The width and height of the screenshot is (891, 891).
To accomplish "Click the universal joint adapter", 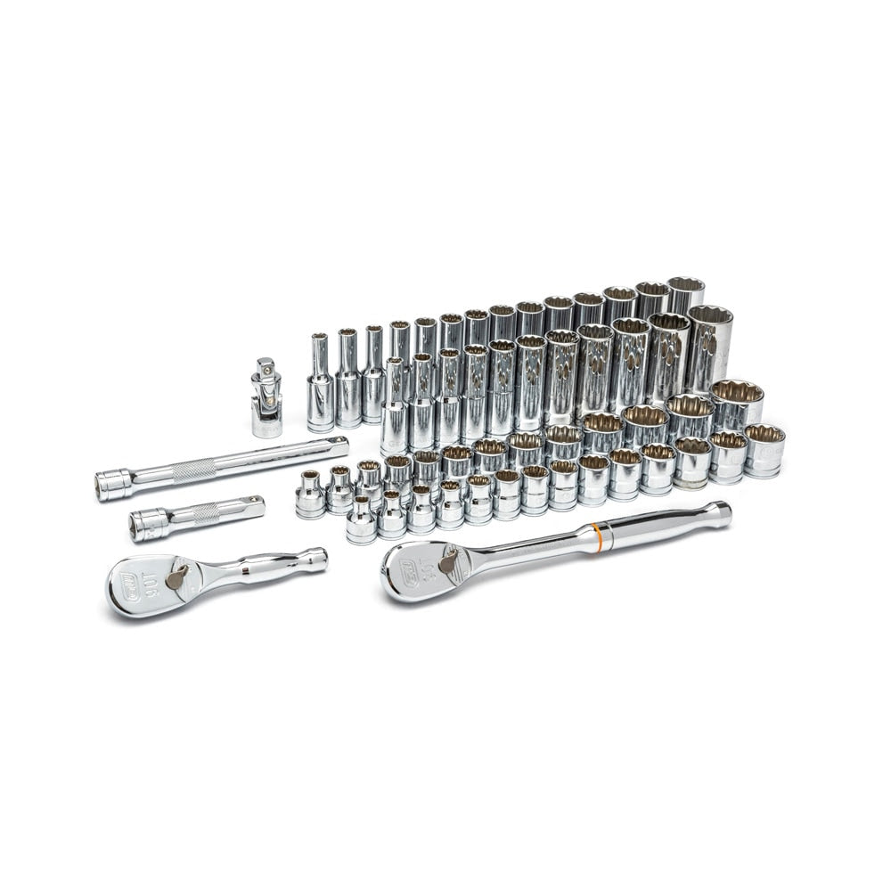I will [266, 401].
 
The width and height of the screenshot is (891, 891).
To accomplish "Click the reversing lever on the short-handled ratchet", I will [177, 576].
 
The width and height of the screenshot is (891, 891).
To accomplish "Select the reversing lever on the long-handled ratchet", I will [448, 560].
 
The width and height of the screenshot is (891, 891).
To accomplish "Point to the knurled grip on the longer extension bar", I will [194, 470].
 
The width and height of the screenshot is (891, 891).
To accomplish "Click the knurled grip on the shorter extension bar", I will [206, 513].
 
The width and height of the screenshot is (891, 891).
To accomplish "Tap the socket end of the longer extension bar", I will [113, 486].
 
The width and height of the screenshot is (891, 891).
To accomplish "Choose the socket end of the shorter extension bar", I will [148, 526].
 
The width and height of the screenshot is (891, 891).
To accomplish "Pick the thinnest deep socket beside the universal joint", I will [320, 383].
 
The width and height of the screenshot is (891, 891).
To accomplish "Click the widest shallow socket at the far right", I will [764, 450].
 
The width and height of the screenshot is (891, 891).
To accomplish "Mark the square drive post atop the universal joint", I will [266, 368].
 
